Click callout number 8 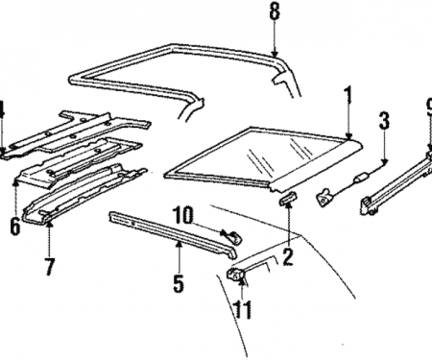[275, 12]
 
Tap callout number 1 [348, 94]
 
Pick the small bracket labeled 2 [288, 198]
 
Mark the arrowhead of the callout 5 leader [179, 244]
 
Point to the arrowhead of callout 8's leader [275, 53]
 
